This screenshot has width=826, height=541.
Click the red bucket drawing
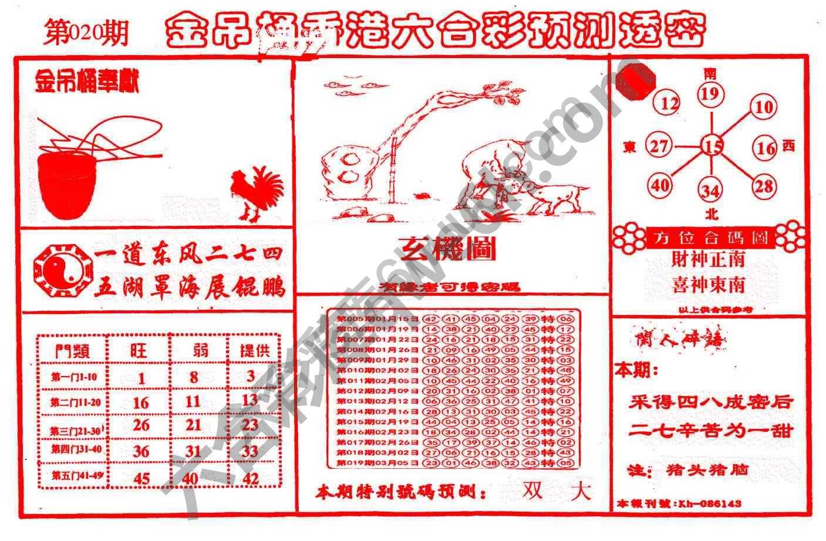66,184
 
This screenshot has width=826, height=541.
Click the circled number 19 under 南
710,94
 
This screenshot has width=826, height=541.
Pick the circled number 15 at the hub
712,146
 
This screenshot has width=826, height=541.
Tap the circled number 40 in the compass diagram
660,185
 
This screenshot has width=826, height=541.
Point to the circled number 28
764,186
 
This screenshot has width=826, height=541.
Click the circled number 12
669,104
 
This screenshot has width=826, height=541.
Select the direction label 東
630,147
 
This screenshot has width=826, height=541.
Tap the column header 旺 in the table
139,351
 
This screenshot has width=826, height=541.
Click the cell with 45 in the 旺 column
141,478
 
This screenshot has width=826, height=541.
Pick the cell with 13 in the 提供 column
250,400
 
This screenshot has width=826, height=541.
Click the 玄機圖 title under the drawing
448,249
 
